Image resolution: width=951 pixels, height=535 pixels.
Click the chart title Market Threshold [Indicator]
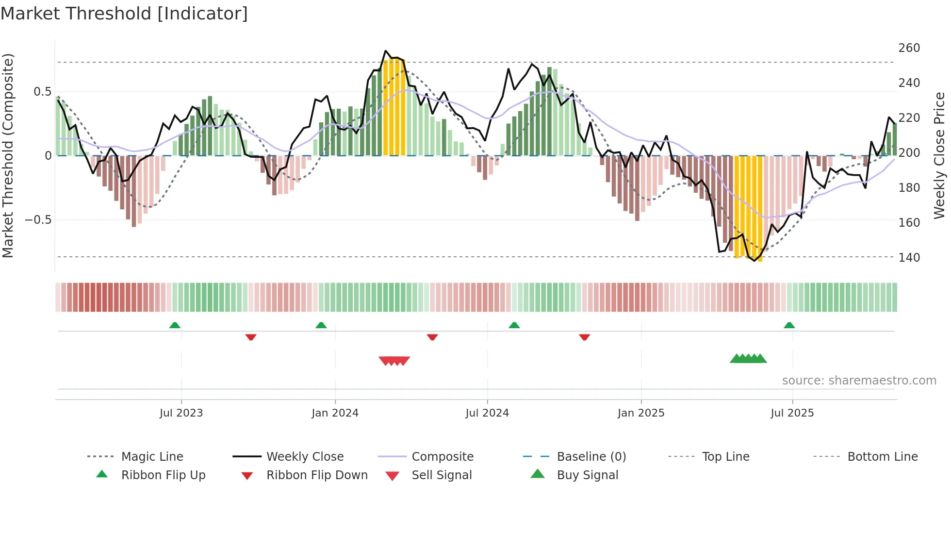124,14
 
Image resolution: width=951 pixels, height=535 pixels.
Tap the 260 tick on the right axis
909,48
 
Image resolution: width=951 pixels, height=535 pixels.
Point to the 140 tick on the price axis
909,257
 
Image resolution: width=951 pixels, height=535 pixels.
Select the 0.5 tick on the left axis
42,92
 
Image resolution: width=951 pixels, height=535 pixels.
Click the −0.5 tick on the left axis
38,220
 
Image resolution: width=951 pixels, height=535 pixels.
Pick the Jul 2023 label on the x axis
181,413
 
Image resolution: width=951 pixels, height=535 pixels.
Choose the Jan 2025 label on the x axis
640,413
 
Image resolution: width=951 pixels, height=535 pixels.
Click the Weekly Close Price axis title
939,155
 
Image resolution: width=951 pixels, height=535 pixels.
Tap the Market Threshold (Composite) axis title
8,155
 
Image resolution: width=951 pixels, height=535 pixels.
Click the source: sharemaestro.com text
859,381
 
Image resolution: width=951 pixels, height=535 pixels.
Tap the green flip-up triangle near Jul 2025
789,325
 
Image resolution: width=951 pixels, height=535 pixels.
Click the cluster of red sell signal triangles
394,361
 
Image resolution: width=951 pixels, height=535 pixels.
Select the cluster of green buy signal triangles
748,359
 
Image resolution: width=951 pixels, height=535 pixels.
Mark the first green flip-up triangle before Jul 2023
175,325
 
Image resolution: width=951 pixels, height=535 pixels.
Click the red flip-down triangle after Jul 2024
584,337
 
